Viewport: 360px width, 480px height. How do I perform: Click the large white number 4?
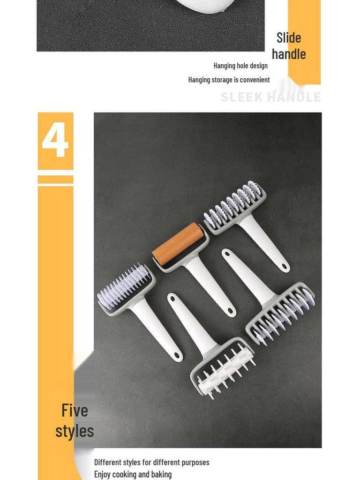point(55,140)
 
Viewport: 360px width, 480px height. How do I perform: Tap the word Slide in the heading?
point(289,37)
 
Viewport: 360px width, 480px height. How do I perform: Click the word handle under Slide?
point(289,54)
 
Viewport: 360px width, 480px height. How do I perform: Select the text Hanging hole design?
point(240,66)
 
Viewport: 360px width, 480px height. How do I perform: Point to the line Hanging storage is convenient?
point(229,80)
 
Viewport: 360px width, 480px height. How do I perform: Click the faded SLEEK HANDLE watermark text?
point(270,97)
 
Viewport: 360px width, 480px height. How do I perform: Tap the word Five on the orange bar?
point(75,410)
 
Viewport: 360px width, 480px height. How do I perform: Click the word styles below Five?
point(75,430)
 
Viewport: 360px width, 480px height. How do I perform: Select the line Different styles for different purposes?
point(151,462)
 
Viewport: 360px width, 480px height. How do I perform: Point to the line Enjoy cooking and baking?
point(133,474)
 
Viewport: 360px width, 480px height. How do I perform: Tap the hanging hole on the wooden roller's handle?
point(230,311)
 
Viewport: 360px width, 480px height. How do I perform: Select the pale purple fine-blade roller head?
point(124,286)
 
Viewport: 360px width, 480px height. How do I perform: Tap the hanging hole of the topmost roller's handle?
point(284,267)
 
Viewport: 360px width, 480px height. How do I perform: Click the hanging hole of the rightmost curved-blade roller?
point(227,254)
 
